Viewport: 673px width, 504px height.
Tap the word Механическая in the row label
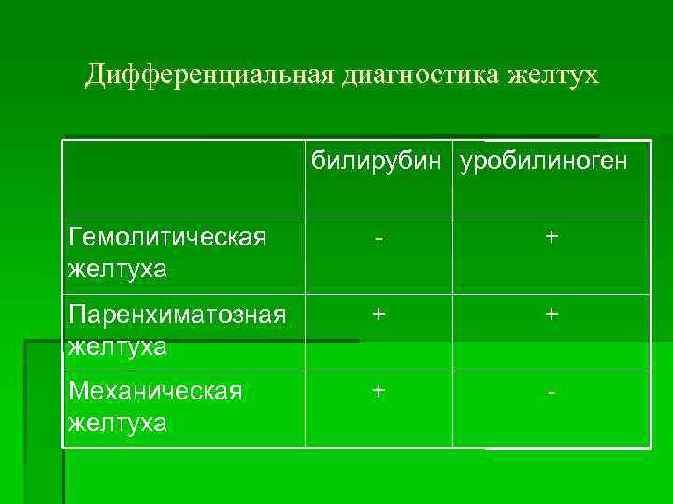(156, 390)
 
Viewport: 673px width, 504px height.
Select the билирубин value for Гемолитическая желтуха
(379, 239)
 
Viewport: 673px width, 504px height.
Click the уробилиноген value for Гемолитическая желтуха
(552, 238)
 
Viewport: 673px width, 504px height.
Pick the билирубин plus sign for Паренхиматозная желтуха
(379, 315)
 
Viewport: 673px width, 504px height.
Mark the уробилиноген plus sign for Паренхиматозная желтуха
(552, 315)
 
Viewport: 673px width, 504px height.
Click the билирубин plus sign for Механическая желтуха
(379, 390)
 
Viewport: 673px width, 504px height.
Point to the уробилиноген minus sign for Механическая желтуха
(552, 392)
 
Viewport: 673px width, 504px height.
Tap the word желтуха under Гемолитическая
(118, 270)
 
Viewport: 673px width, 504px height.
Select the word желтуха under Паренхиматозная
(118, 347)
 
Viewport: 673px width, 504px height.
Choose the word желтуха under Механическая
(118, 423)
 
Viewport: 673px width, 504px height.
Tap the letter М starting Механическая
(78, 390)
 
